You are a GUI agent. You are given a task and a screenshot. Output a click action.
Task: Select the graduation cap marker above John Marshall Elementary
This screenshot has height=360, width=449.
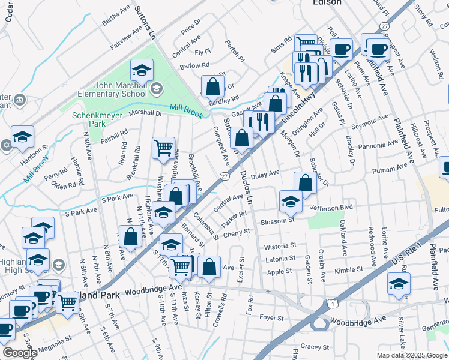pyautogui.click(x=142, y=72)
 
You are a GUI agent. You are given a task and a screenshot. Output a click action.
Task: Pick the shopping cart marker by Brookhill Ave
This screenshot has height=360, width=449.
pyautogui.click(x=163, y=148)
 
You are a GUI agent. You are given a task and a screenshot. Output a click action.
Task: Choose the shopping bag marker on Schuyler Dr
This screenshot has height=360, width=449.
pyautogui.click(x=305, y=183)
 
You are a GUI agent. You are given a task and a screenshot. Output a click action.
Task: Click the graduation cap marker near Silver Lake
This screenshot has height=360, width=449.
pyautogui.click(x=399, y=284)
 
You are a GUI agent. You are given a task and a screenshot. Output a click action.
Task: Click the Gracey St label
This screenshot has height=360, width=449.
pyautogui.click(x=315, y=346)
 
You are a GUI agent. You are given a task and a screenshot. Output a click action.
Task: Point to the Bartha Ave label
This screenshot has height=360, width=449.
pyautogui.click(x=116, y=16)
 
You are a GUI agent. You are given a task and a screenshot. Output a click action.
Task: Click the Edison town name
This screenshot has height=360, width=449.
pyautogui.click(x=327, y=2)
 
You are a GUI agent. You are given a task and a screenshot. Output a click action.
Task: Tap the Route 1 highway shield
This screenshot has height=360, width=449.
pyautogui.click(x=331, y=305)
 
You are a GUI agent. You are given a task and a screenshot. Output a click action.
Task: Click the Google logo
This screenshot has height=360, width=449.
pyautogui.click(x=20, y=353)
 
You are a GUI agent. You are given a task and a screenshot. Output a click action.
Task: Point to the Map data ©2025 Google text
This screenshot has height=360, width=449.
pyautogui.click(x=411, y=355)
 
